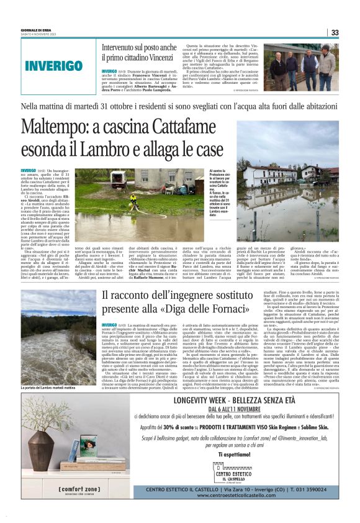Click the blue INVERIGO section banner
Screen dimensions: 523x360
click(62, 65)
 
